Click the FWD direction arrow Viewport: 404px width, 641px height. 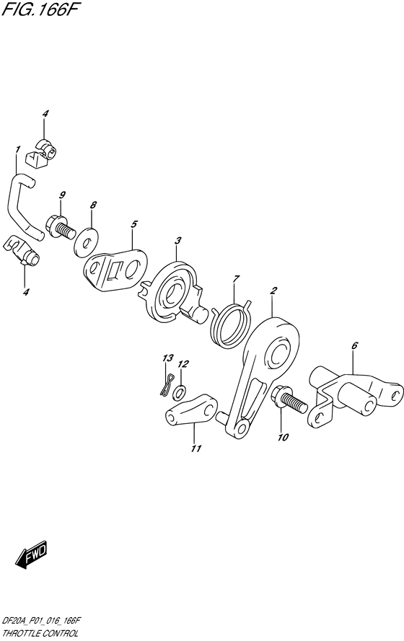[x=32, y=557]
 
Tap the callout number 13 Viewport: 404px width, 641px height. [x=167, y=358]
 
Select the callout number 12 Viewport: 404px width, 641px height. [x=183, y=363]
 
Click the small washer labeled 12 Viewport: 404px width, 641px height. [x=179, y=392]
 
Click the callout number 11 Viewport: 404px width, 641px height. [x=196, y=448]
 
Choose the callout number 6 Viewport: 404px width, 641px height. [x=354, y=346]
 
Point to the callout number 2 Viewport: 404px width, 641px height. [x=273, y=291]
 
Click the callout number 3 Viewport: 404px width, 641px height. [x=177, y=240]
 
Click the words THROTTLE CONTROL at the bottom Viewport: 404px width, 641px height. [x=40, y=634]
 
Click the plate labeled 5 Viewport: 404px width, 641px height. [x=115, y=270]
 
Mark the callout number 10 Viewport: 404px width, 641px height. [x=283, y=437]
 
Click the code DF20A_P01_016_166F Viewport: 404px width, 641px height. [x=41, y=624]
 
